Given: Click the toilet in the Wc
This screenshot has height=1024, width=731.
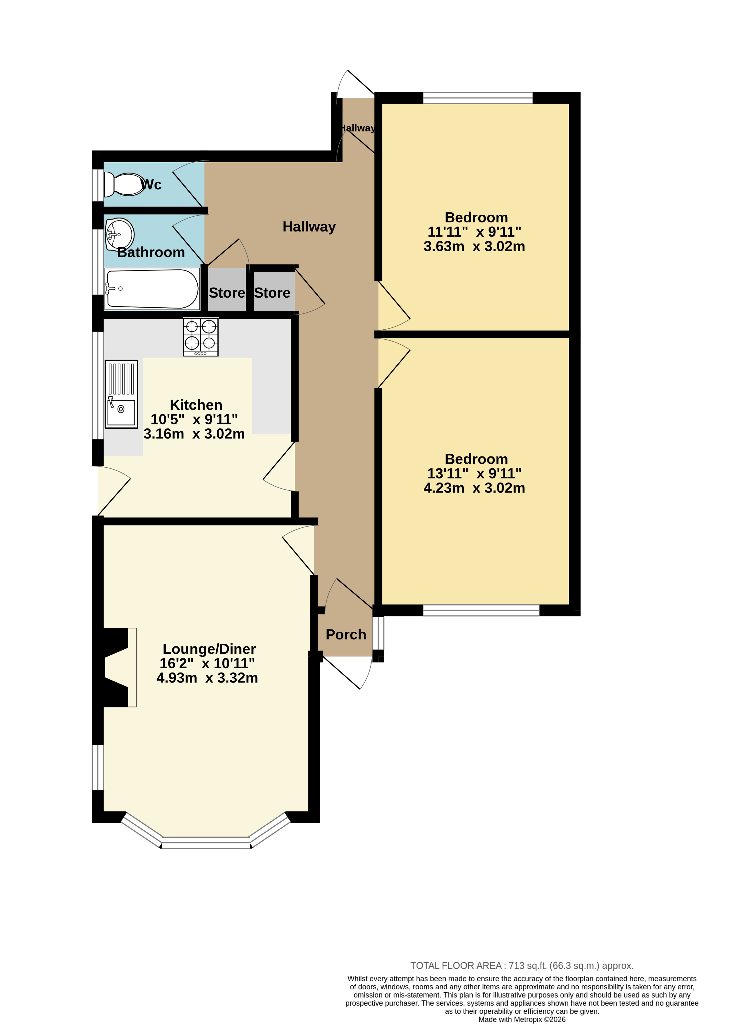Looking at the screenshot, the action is [x=124, y=185].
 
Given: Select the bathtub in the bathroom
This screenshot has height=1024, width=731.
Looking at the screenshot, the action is [x=152, y=289].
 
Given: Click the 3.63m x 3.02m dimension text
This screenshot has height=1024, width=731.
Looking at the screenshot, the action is [x=474, y=246].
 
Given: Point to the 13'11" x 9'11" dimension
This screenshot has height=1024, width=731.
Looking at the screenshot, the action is [x=474, y=473].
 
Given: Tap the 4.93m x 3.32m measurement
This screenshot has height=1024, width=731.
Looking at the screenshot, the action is [x=207, y=678].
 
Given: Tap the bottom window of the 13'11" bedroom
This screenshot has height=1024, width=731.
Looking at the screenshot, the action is [x=481, y=610].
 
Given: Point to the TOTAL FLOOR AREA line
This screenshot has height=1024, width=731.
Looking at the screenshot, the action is [x=522, y=965].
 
